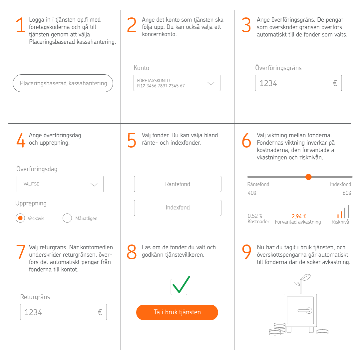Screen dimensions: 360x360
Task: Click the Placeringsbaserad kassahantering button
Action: pos(63,83)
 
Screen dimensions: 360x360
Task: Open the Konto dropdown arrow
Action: pos(211,84)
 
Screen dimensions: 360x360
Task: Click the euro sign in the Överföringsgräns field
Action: pos(335,83)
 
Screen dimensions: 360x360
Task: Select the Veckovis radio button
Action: pos(20,218)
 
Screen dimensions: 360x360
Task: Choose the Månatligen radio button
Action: pos(67,218)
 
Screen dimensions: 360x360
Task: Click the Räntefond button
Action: pos(178,184)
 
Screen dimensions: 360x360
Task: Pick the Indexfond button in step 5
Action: pos(178,208)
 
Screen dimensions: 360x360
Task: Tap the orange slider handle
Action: pos(308,177)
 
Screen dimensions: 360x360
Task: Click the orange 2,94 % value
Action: pos(299,217)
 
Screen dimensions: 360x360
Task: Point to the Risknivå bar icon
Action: pos(343,212)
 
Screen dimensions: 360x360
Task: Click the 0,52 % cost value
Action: pos(255,216)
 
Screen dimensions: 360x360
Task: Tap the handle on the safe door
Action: pos(305,311)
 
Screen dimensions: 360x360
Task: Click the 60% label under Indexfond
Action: pos(347,193)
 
